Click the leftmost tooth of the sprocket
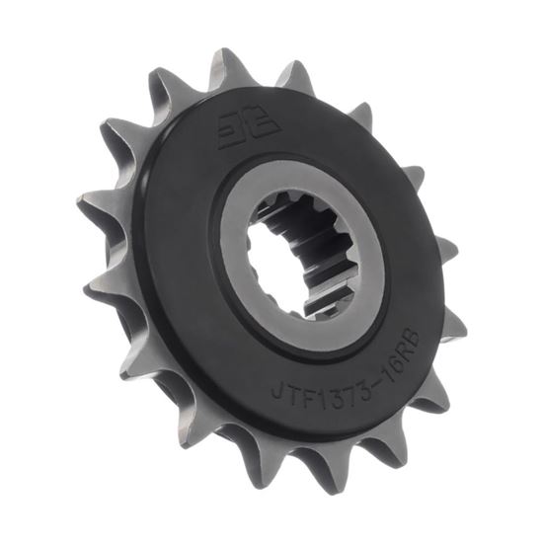[89, 207]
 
